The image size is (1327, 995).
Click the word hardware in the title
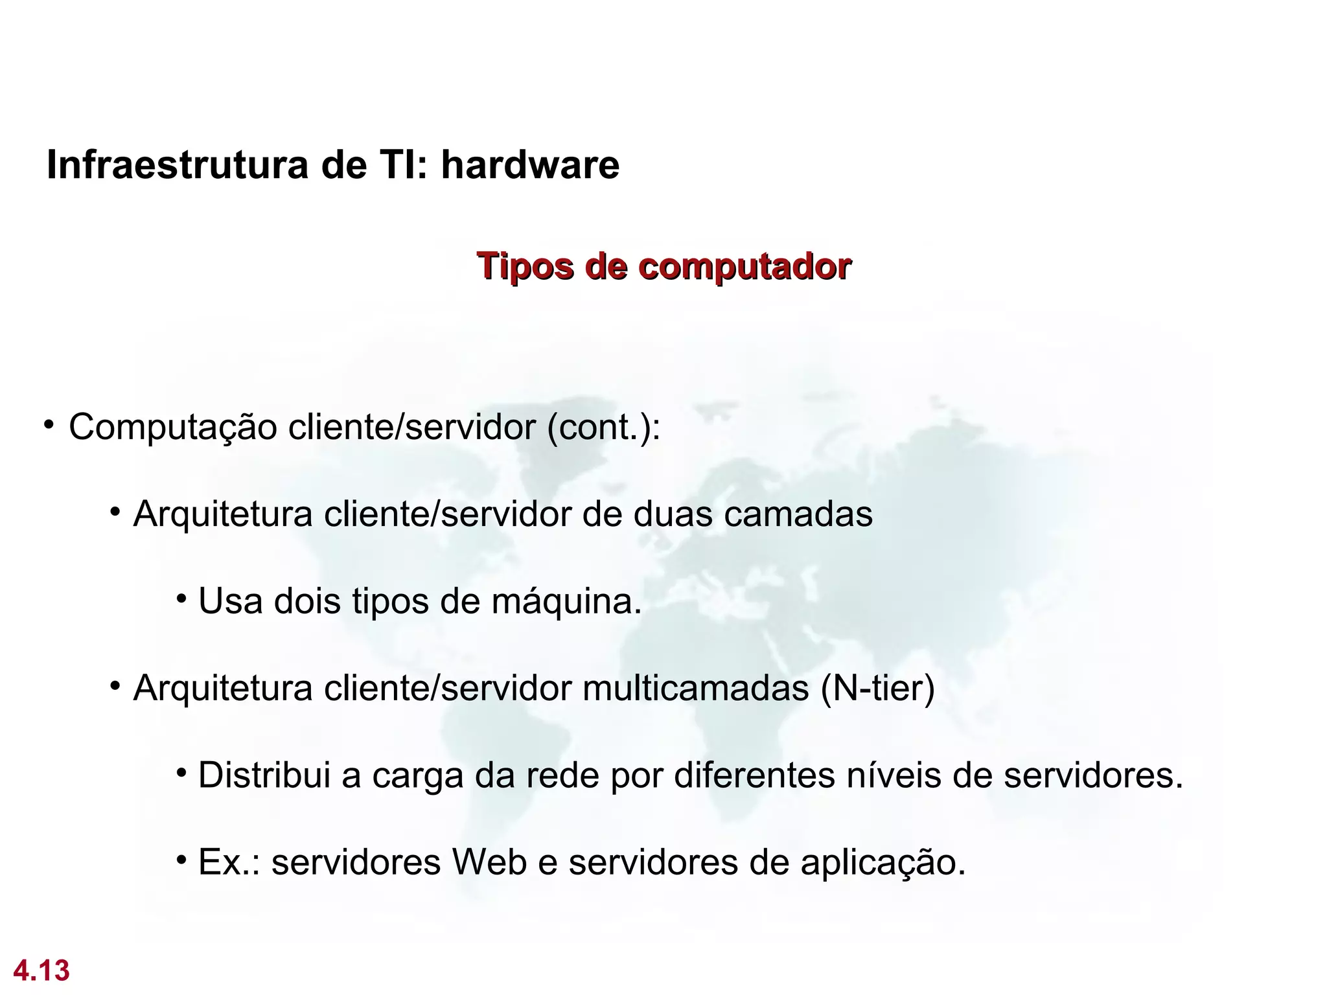(530, 165)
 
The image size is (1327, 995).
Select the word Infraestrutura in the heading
(178, 165)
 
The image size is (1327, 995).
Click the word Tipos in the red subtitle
(525, 267)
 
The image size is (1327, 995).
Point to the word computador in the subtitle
(744, 267)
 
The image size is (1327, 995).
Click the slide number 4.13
(41, 971)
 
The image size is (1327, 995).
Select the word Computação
(172, 428)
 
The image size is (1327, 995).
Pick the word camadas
(798, 514)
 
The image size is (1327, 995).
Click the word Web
(489, 862)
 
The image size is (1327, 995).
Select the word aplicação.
(883, 863)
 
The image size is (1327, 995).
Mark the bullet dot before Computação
(49, 425)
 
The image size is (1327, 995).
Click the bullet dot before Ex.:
(182, 860)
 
